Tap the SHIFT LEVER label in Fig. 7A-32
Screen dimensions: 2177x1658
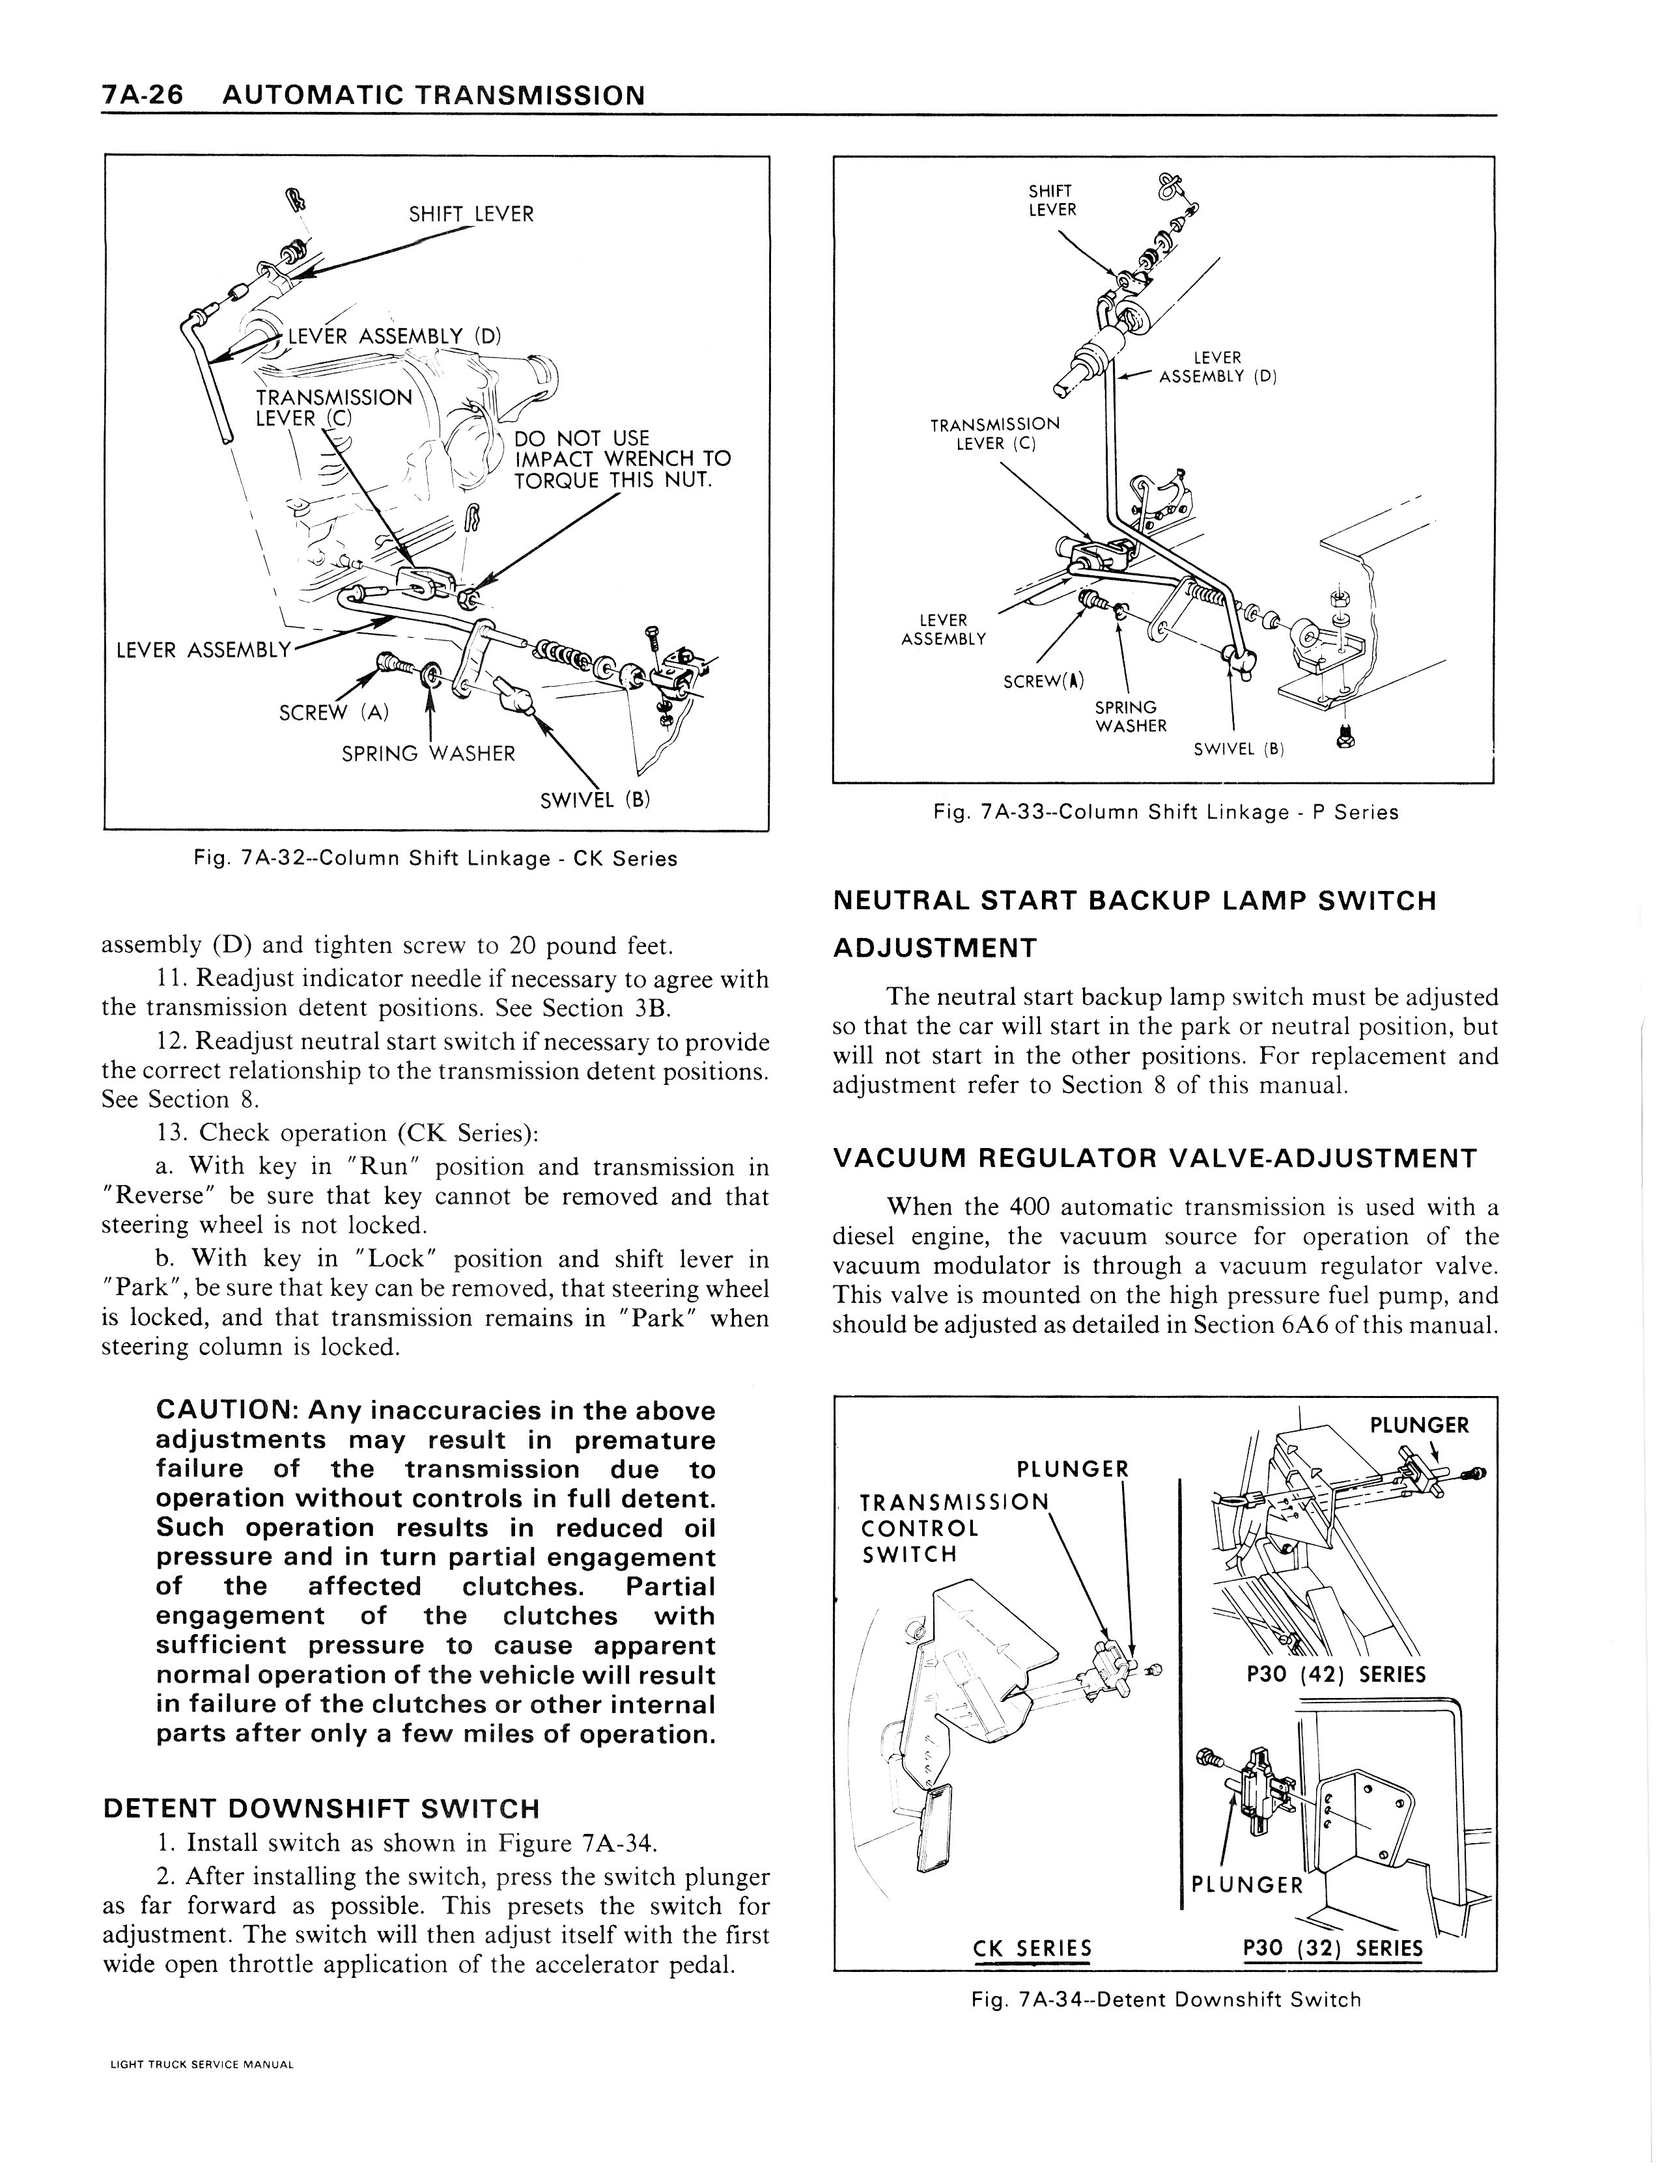[x=471, y=214]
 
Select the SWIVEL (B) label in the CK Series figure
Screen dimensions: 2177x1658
[x=595, y=799]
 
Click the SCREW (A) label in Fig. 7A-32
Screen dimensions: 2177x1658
[x=333, y=712]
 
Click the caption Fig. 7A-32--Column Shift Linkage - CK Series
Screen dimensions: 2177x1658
[x=435, y=858]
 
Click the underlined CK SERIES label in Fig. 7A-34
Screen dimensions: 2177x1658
[x=1032, y=1948]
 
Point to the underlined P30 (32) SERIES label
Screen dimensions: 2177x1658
[x=1332, y=1948]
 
